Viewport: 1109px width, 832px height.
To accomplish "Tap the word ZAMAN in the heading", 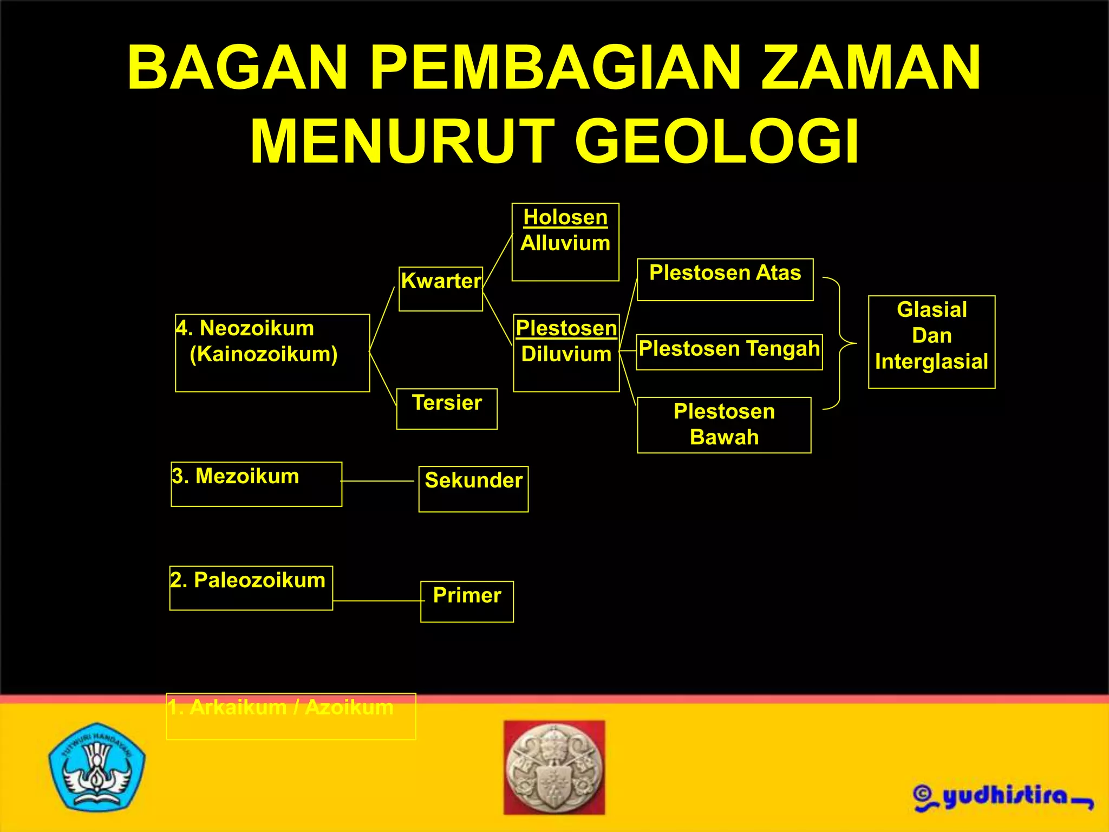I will tap(871, 68).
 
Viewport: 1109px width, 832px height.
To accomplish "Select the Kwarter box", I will tap(441, 289).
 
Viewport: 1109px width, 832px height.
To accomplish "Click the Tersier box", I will tap(447, 408).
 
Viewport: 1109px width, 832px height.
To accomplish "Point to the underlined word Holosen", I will tap(565, 217).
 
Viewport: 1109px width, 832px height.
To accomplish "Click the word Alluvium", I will tap(565, 243).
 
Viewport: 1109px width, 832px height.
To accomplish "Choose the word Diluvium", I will tap(566, 354).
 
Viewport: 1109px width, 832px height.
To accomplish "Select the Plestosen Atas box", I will tap(725, 279).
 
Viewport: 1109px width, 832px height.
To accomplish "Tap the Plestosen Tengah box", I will tap(729, 352).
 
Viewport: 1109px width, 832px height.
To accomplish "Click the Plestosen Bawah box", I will tap(724, 425).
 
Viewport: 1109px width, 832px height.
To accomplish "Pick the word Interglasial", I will tap(931, 361).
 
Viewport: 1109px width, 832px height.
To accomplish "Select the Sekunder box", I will tap(473, 488).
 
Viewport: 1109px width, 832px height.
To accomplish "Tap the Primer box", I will tap(467, 601).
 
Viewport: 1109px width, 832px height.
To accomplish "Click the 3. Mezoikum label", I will tap(236, 477).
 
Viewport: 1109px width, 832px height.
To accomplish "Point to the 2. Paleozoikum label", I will tap(248, 581).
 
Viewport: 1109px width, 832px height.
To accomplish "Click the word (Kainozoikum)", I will tap(264, 354).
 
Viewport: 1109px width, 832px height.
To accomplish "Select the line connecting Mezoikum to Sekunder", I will tap(378, 481).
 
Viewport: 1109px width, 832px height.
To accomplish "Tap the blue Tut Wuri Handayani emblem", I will tap(96, 766).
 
